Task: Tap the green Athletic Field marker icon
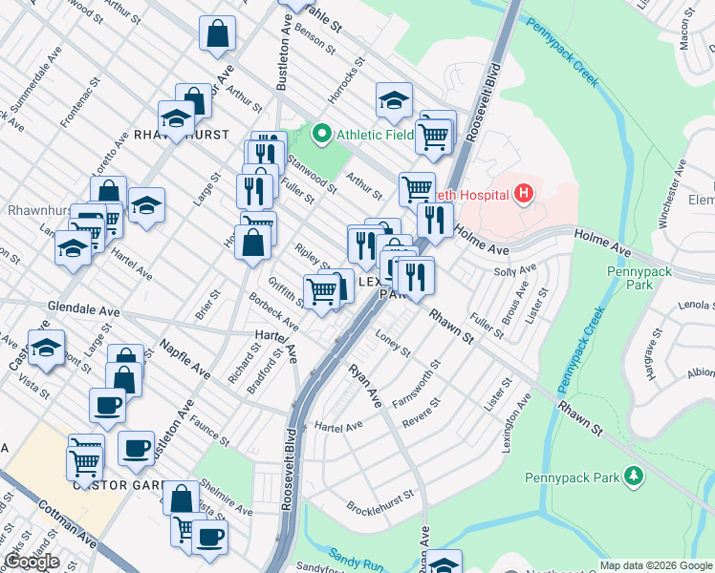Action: [x=322, y=134]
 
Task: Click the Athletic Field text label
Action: [x=374, y=135]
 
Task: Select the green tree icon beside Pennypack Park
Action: [x=631, y=476]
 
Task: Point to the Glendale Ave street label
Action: [x=84, y=311]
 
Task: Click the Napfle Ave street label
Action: [x=184, y=356]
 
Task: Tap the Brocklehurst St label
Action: [x=379, y=508]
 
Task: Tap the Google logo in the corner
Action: [x=32, y=562]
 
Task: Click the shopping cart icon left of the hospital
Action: [x=417, y=188]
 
